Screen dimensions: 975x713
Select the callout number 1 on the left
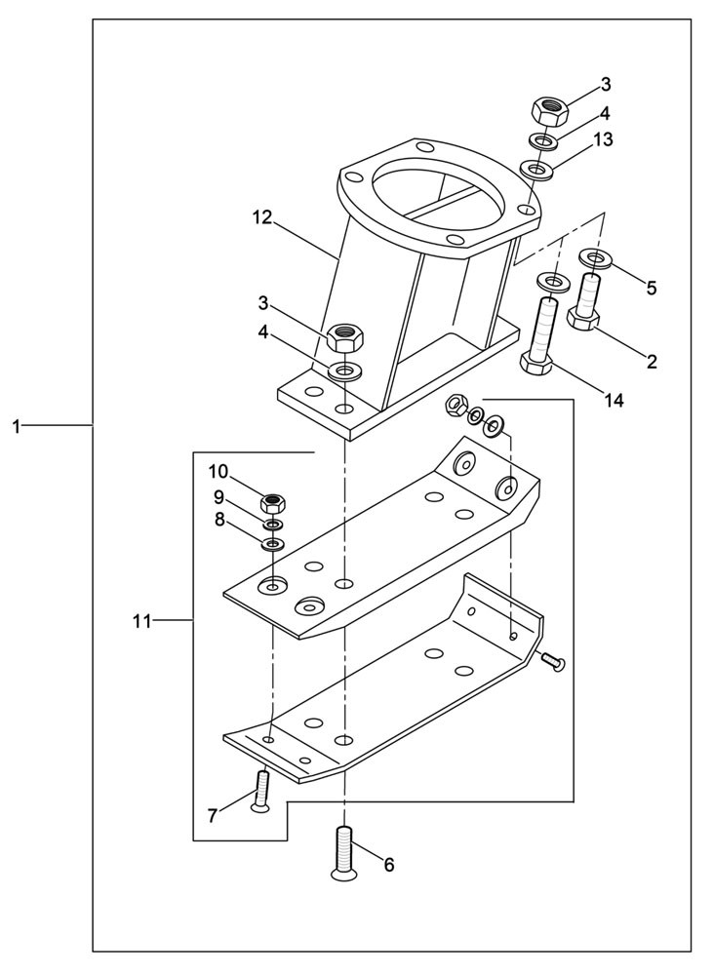pos(17,426)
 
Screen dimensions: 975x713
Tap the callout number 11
pos(142,620)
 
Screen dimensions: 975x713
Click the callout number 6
pos(388,864)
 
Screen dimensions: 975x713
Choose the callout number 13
pos(603,139)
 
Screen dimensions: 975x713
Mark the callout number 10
pos(217,472)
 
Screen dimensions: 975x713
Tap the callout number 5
pos(652,288)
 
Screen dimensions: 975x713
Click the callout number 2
pos(652,361)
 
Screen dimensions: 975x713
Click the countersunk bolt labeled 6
pos(344,851)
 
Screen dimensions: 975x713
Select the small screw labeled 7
pos(261,787)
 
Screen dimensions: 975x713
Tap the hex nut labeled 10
pos(275,504)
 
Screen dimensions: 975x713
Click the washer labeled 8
pos(274,542)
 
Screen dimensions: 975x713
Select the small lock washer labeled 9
pos(274,525)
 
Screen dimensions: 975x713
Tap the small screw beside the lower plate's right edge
pos(553,662)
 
